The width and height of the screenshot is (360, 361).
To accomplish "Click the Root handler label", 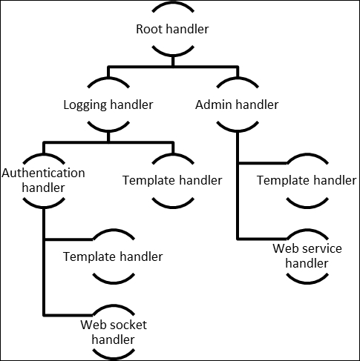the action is pos(172,29).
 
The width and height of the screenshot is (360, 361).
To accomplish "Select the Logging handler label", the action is pos(108,105).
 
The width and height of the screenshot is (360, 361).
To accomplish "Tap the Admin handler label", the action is pos(237,105).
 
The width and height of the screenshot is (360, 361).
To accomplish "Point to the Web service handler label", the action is pos(307,256).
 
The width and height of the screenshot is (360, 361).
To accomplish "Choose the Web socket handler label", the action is pos(114,332).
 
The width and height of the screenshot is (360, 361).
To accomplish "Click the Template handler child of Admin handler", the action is pos(307,180).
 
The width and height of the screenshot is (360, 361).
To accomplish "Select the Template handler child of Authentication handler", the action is pos(113,256).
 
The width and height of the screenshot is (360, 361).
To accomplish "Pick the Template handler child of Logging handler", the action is pos(172,180).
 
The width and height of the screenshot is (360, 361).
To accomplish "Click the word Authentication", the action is pos(43,173).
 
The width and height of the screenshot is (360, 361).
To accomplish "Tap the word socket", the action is pos(130,325).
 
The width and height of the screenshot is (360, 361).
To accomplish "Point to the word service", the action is pos(324,248).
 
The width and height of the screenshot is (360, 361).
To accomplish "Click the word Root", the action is pos(149,29).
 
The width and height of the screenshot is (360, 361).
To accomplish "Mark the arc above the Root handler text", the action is pos(173,5).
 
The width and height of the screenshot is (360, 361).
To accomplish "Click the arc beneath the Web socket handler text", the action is pos(114,357).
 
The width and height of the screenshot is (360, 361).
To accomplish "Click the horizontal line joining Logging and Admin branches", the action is pos(173,67).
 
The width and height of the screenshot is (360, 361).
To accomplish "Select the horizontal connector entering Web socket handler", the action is pos(68,315).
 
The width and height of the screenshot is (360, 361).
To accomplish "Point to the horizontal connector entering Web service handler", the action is pos(262,239).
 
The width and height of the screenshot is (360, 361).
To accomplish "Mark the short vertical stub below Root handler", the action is pos(173,61).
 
